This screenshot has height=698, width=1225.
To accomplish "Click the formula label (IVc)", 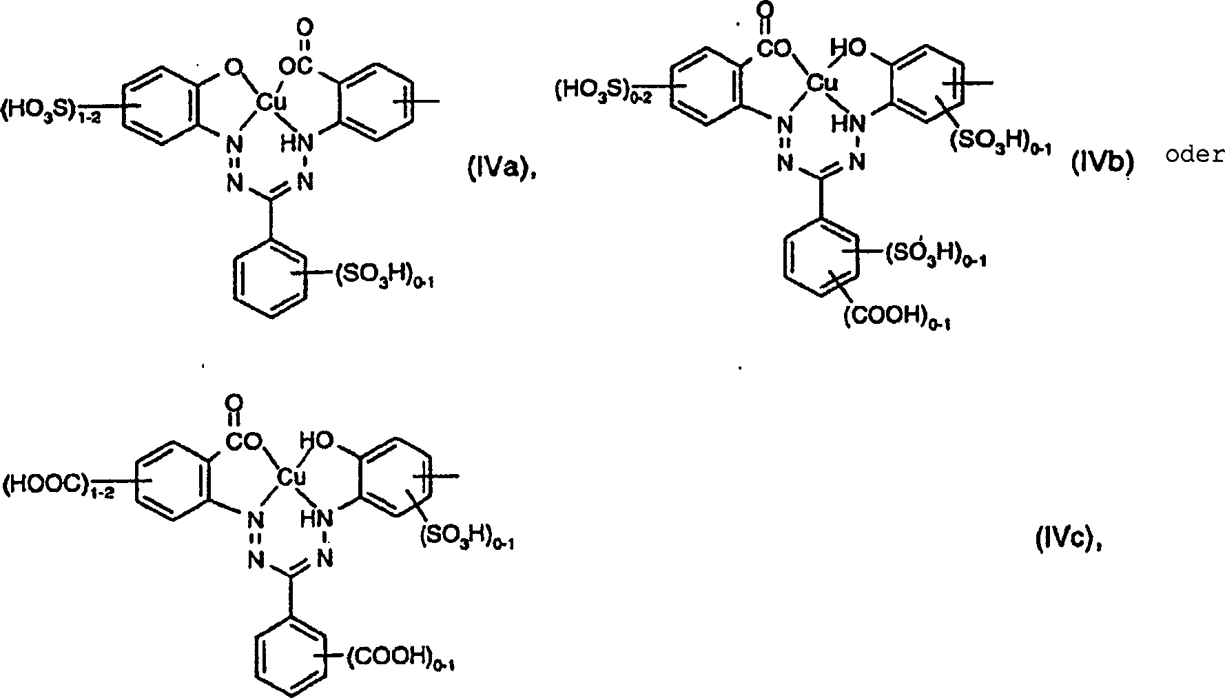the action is tap(1069, 542).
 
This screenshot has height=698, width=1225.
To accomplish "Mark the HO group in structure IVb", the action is tap(846, 48).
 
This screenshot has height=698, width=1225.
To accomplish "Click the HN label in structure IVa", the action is tap(297, 144).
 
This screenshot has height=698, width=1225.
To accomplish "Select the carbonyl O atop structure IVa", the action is tap(305, 29).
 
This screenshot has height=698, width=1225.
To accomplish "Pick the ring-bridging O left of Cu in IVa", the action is tap(234, 69).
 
